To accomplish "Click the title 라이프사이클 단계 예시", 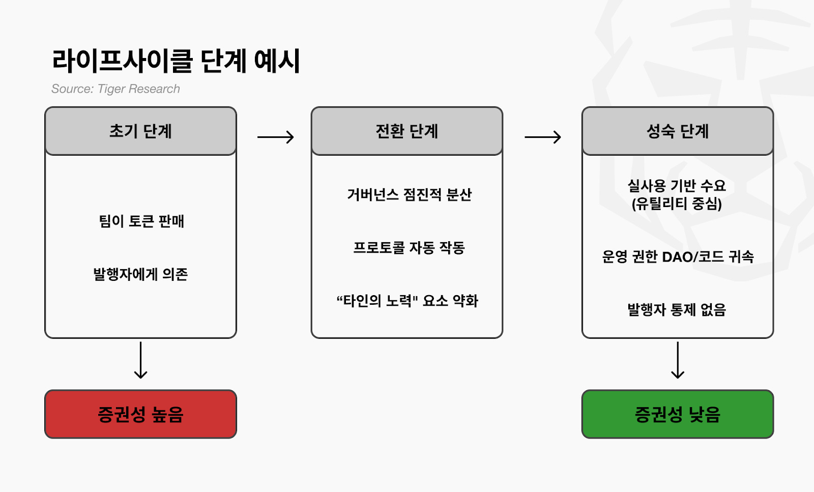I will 176,62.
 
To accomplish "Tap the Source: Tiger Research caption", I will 115,89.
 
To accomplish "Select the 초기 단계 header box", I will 140,131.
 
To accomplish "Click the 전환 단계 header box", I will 407,131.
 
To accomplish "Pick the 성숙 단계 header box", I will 678,131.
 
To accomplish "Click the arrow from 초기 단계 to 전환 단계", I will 275,137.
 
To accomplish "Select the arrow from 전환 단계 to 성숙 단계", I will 542,137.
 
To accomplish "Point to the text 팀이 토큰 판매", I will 141,221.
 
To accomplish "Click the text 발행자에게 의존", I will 140,274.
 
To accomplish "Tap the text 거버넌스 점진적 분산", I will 409,194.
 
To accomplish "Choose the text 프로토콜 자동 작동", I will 409,248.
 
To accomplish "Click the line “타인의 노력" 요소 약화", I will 407,301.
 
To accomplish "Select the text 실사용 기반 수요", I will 677,186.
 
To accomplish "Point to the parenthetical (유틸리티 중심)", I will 677,204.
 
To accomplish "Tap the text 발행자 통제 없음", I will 677,310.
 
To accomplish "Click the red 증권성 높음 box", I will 140,414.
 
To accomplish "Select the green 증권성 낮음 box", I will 678,414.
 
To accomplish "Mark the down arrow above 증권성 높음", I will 140,360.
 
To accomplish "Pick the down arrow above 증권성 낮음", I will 678,360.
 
